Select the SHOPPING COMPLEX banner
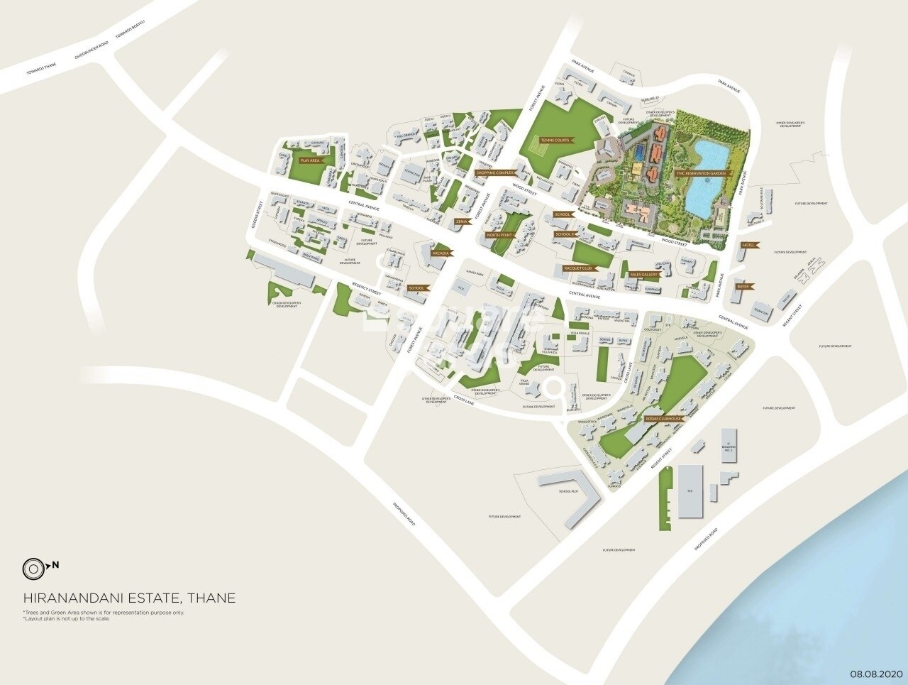click(x=494, y=172)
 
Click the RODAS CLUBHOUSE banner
click(x=664, y=420)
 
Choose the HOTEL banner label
click(x=748, y=245)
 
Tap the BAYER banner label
click(x=743, y=287)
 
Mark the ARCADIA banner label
click(x=441, y=253)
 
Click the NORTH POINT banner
click(x=501, y=234)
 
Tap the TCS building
click(x=688, y=491)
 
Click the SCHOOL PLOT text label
click(x=569, y=491)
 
